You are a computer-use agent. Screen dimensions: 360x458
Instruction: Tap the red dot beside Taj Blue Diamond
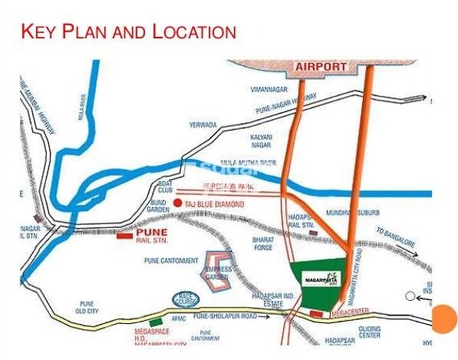pos(178,203)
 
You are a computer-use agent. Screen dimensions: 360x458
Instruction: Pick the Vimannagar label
pos(269,88)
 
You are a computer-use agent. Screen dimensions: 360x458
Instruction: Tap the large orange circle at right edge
pos(444,318)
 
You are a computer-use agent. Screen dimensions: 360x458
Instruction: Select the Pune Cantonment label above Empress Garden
pos(171,260)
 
